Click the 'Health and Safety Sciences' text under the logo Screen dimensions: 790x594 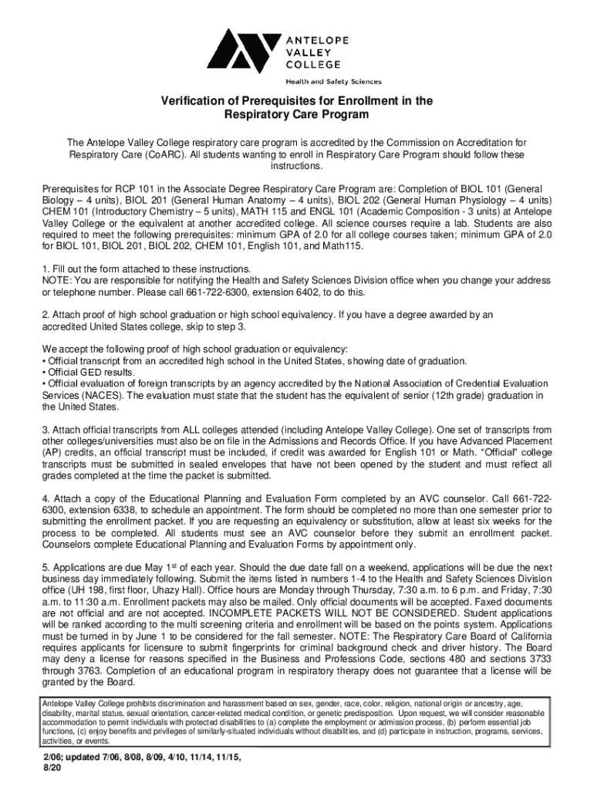click(333, 81)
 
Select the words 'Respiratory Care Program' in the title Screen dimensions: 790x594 click(297, 115)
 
